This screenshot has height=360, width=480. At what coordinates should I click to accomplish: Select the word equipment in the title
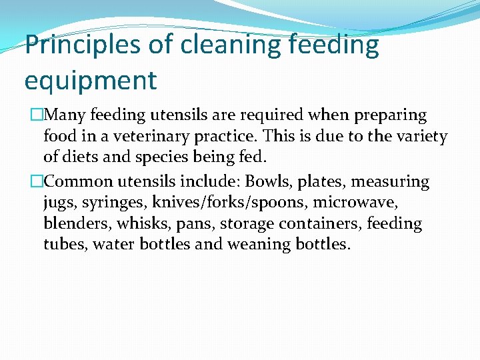tap(91, 81)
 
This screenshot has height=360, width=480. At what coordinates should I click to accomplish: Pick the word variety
tap(419, 137)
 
